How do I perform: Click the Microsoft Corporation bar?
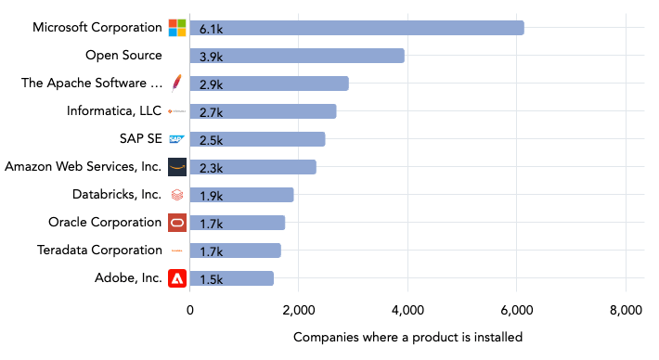pos(357,28)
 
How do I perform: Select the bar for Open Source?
pos(297,56)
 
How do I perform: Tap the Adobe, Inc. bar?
pos(232,278)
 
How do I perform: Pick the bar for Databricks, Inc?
pos(242,195)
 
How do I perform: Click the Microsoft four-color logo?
pos(177,28)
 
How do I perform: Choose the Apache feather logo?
pos(177,84)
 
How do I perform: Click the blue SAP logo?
pos(177,139)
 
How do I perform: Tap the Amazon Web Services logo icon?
pos(177,167)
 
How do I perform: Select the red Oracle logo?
pos(177,223)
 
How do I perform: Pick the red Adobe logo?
pos(177,278)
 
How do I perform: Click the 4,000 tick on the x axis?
pos(407,310)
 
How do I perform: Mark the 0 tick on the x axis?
pos(190,310)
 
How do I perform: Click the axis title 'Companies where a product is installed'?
pos(407,337)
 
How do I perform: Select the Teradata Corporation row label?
pos(99,251)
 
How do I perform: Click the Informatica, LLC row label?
pos(114,111)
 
